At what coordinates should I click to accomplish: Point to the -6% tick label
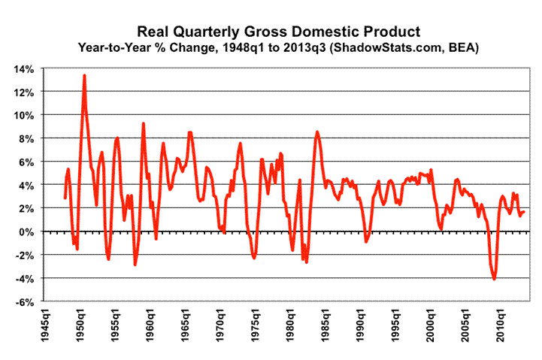(x=23, y=302)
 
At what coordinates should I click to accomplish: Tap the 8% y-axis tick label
(x=26, y=138)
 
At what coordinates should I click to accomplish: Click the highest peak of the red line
(x=84, y=75)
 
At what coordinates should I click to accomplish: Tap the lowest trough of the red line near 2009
(x=495, y=280)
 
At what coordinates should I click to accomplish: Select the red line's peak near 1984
(x=317, y=132)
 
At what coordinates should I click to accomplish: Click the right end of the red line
(x=524, y=212)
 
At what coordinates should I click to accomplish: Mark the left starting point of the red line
(x=65, y=198)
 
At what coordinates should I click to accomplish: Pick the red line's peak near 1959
(x=143, y=123)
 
